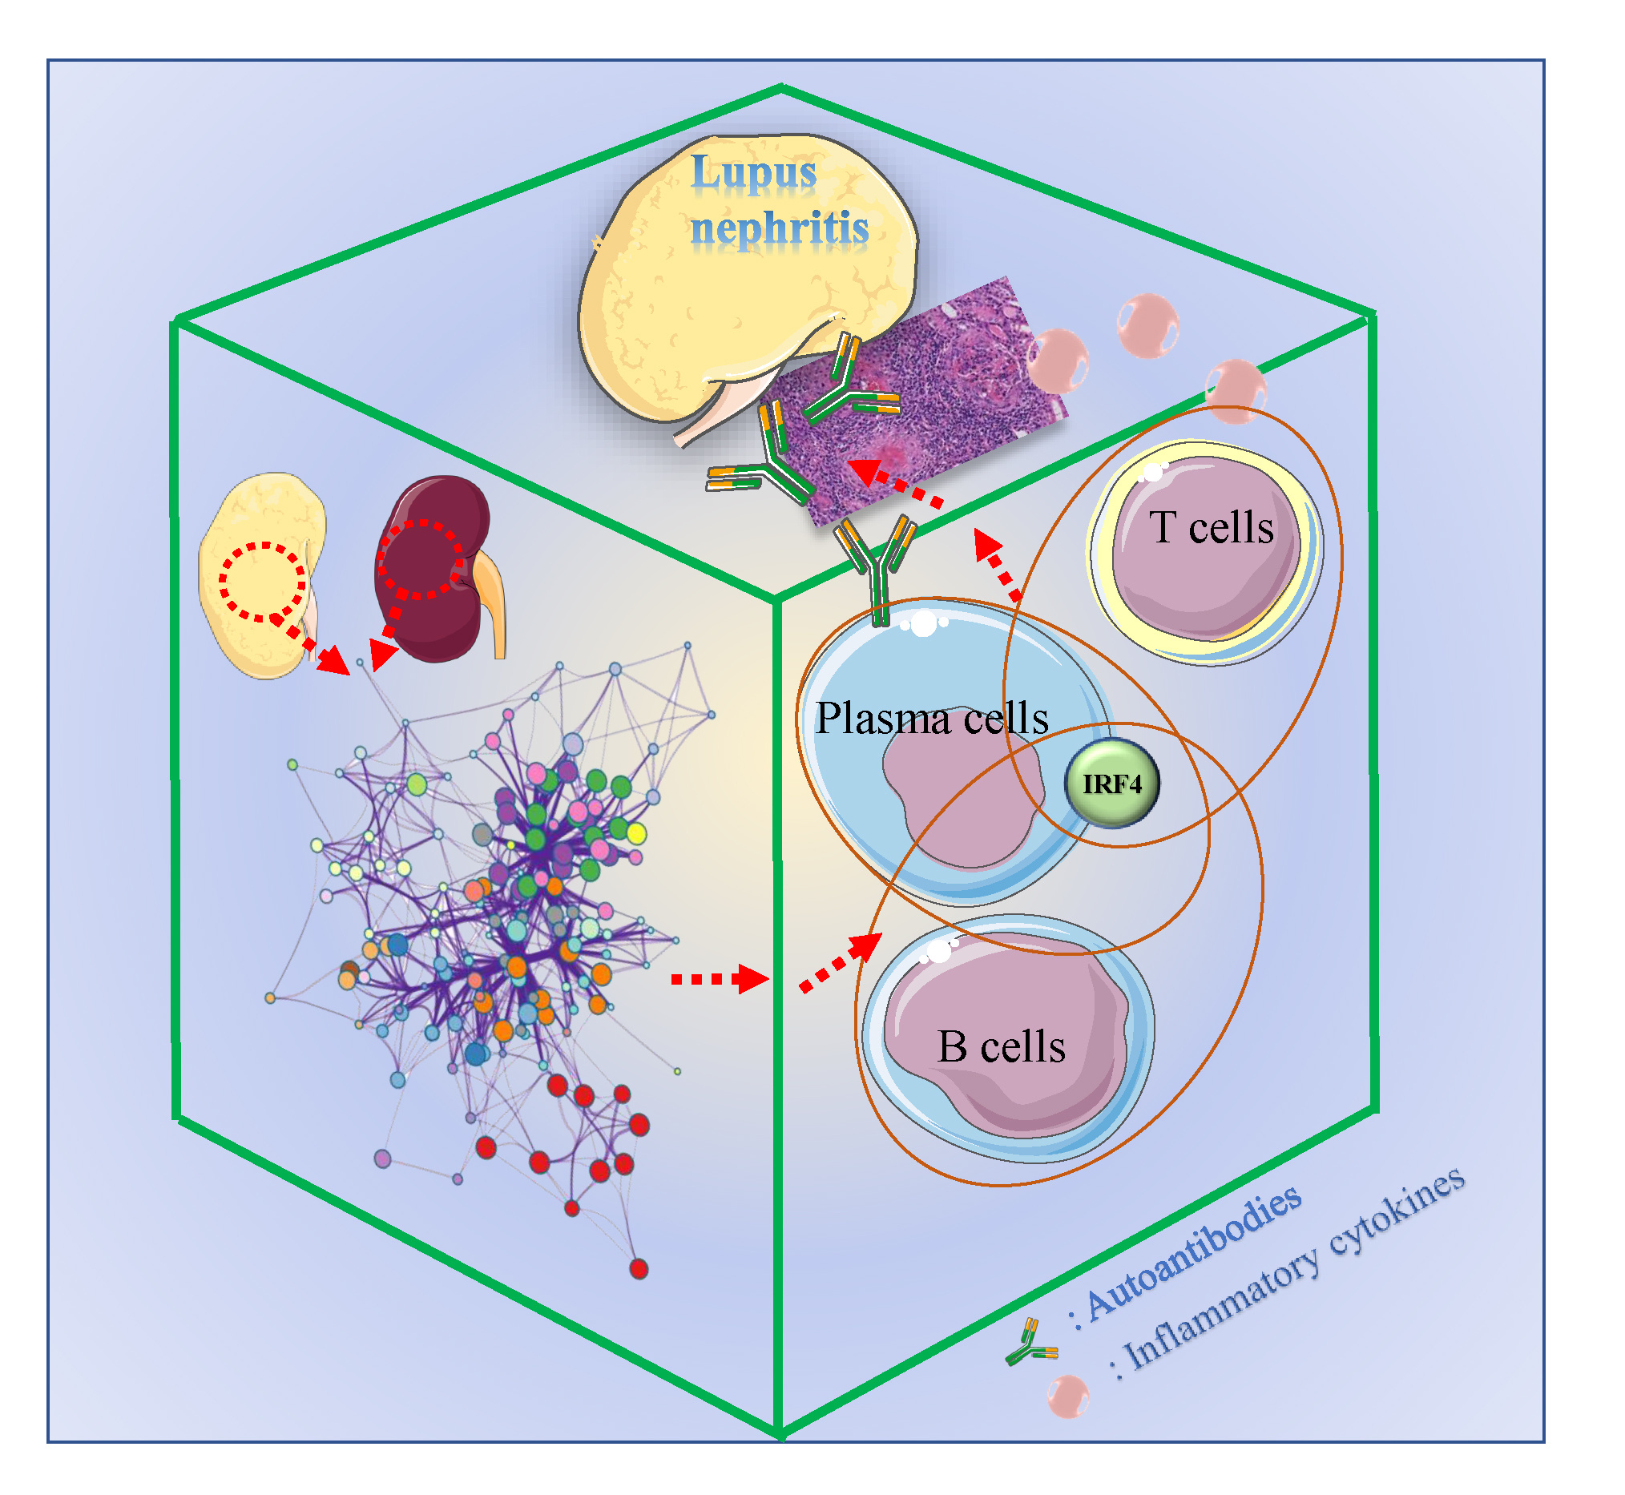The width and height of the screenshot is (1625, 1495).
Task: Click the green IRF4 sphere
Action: [1112, 783]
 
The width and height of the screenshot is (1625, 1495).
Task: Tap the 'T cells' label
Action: [1211, 527]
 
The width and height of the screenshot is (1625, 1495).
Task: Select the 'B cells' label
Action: [1001, 1047]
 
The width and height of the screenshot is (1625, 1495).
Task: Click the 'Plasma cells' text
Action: [931, 718]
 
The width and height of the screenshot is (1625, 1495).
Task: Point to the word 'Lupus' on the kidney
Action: [753, 172]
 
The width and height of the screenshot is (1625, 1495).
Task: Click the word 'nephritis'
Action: [780, 228]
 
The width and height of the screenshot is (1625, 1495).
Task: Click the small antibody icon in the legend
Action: [1030, 1344]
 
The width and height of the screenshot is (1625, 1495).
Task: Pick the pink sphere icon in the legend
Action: [1068, 1396]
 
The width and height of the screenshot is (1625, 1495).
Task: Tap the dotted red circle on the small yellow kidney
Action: [262, 581]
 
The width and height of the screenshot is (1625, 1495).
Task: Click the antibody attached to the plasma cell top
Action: [879, 566]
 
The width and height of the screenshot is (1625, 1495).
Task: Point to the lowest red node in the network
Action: [639, 1268]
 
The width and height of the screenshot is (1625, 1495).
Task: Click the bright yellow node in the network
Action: [637, 832]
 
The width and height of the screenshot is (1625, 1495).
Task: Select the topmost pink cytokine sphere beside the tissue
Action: [1147, 326]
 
